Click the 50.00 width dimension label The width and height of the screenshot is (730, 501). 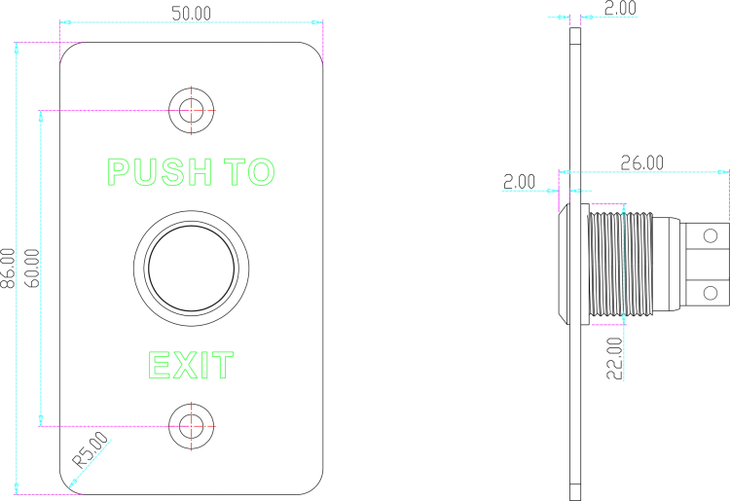coord(191,14)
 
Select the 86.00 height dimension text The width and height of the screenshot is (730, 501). coord(8,268)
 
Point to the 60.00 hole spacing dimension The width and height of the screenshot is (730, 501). coord(32,268)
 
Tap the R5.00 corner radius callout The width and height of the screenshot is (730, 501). coord(91,449)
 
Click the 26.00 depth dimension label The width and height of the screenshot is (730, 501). coord(642,162)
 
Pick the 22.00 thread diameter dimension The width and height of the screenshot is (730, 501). coord(614,358)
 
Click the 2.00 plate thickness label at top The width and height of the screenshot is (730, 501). coord(620,8)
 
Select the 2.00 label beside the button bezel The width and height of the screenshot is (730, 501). coord(519,181)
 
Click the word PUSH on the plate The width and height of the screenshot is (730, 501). coord(160,171)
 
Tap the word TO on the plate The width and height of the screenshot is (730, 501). coord(249,171)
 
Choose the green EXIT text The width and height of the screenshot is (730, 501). coord(191,365)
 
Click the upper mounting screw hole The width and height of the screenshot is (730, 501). coord(192,111)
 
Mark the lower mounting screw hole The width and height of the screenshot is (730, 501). coord(192,426)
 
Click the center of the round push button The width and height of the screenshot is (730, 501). coord(192,268)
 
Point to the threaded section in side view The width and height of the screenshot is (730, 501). coord(621,264)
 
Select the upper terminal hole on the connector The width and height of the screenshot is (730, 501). coord(711,235)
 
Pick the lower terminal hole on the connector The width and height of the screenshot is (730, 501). coord(711,293)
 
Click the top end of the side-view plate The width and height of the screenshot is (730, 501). coord(575,28)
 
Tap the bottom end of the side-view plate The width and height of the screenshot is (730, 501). coord(575,500)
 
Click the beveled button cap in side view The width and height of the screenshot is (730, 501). coord(564,264)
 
